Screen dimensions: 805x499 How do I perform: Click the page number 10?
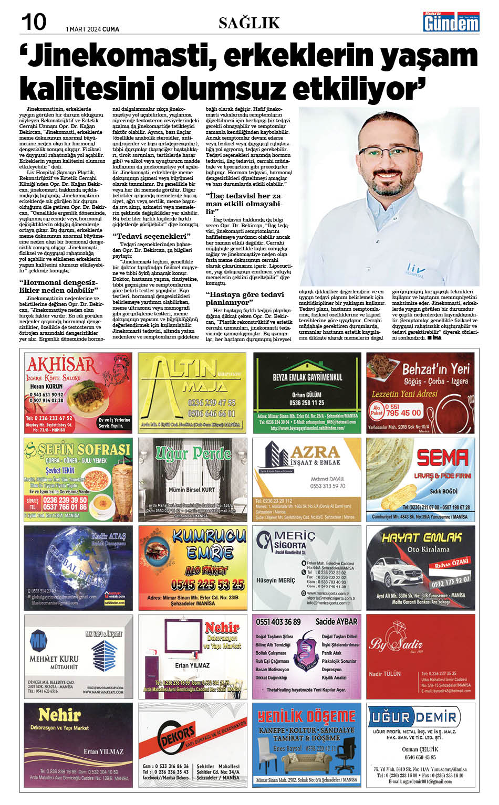34,22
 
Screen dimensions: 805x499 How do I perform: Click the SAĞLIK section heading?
249,23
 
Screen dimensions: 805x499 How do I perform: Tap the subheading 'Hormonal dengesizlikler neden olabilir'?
59,286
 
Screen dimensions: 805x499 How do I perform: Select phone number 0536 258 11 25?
307,402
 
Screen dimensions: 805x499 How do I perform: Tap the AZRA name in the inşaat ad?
315,452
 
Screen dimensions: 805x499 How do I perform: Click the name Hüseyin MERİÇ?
275,580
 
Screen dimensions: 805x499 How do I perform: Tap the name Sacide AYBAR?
336,622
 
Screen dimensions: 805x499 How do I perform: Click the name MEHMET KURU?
54,659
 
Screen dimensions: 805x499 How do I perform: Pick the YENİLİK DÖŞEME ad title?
307,716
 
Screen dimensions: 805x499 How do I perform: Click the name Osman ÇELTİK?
420,749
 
